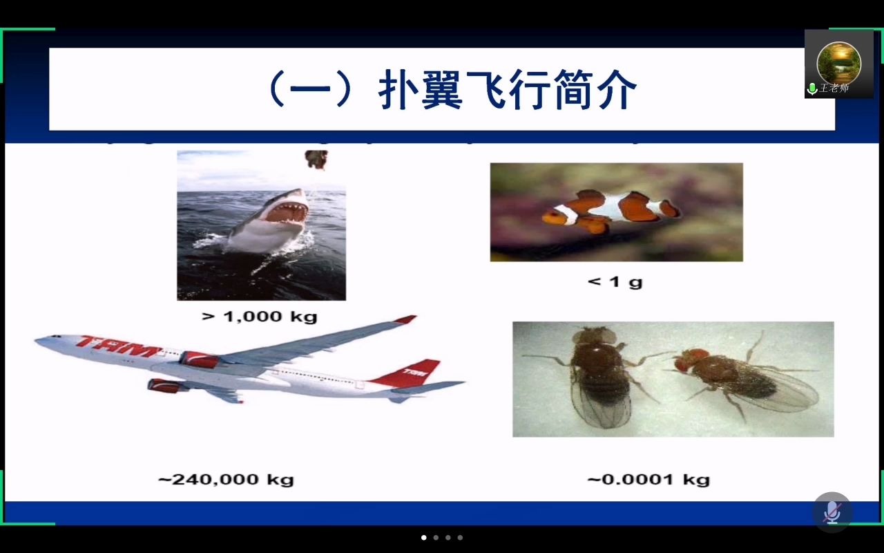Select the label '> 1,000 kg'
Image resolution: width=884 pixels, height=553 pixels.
coord(260,317)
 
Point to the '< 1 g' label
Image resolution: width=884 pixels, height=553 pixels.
coord(615,281)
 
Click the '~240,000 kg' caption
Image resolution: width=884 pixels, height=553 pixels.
coord(226,479)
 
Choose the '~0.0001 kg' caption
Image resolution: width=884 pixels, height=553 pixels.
coord(648,479)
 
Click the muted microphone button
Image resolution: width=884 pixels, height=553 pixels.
coord(832,512)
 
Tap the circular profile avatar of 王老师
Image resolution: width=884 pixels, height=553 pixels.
coord(838,62)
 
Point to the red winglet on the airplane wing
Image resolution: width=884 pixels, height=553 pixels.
coord(406,319)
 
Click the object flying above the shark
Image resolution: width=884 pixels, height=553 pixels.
coord(316,160)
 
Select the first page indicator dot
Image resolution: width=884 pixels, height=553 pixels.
coord(424,537)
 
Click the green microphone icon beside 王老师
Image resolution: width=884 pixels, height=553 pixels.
coord(812,88)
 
